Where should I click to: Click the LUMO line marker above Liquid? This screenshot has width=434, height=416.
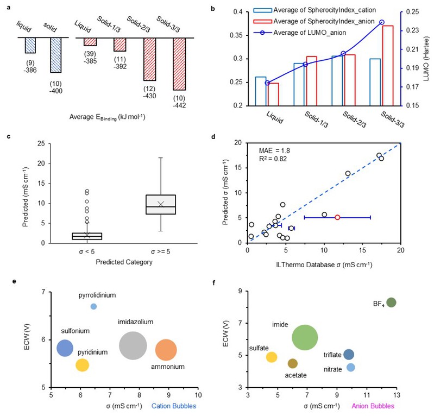click(x=267, y=83)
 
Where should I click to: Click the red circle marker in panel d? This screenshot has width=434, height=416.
click(x=337, y=217)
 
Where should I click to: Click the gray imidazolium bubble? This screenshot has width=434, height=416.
click(x=133, y=346)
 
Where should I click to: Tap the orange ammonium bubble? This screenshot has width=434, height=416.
click(x=166, y=350)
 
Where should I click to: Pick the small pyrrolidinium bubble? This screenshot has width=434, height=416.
click(x=93, y=306)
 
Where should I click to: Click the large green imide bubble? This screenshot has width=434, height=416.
click(x=305, y=337)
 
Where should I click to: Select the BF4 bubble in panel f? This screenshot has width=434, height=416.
click(x=391, y=302)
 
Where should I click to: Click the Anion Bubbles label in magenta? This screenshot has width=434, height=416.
click(x=373, y=406)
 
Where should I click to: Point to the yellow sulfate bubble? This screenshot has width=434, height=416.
click(x=272, y=357)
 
